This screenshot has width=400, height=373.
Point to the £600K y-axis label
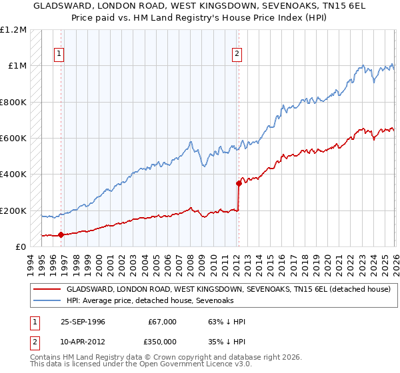13,139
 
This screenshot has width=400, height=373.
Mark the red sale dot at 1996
61,234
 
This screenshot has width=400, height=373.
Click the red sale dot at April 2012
238,183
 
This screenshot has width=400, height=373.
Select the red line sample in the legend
47,290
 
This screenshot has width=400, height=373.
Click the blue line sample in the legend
47,301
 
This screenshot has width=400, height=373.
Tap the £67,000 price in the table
162,322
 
